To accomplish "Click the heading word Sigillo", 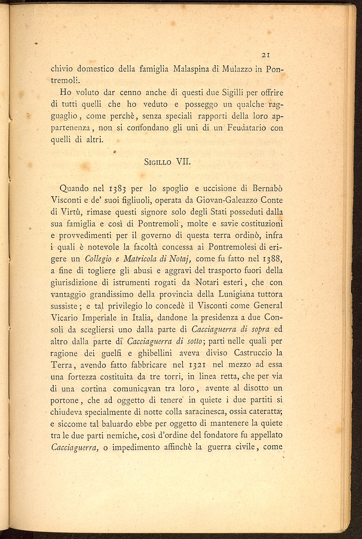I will click(157, 162).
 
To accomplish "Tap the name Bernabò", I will click(267, 188).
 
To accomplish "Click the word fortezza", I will click(88, 376).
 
